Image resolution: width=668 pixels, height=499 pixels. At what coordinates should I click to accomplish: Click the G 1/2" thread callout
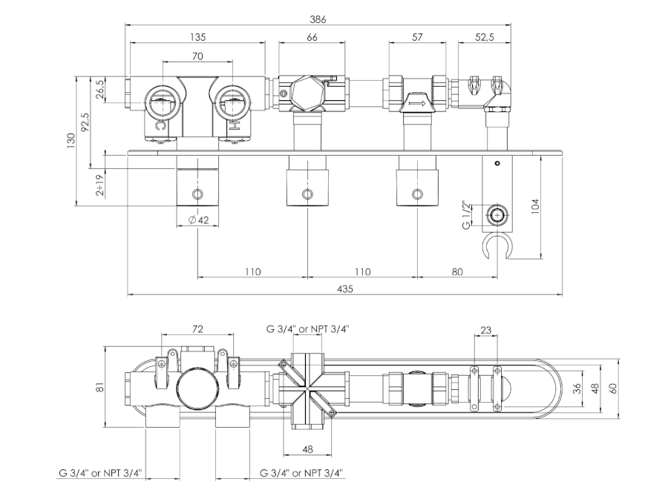pos(466,214)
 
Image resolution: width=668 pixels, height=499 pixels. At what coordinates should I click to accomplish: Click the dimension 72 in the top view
pos(198,328)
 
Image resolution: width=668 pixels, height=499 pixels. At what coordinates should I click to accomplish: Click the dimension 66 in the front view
pos(312,37)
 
